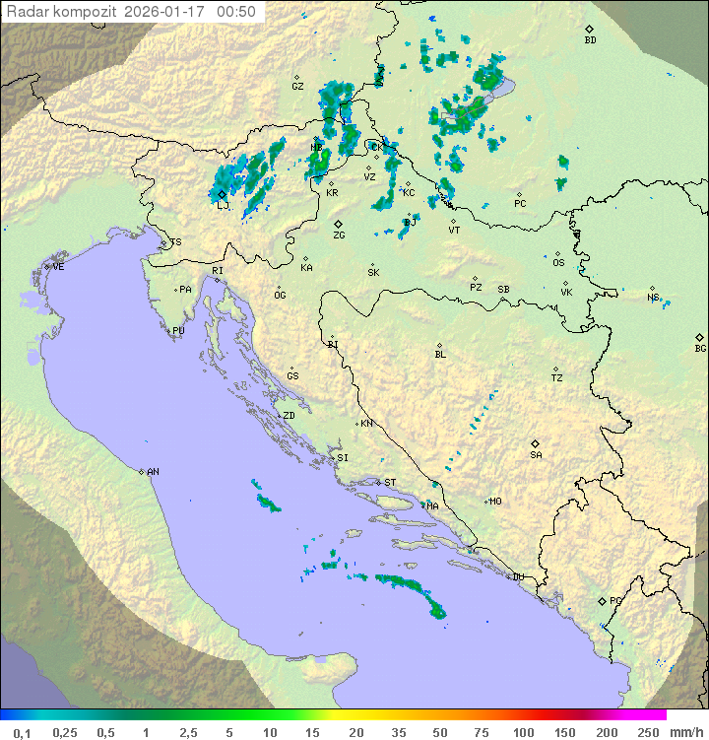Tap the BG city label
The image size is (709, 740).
[x=700, y=348]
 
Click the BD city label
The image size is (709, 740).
[x=590, y=40]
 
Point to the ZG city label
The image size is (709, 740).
[x=339, y=235]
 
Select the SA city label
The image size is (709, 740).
[x=536, y=454]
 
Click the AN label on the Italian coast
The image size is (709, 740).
[x=153, y=472]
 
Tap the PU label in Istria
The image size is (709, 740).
[x=178, y=331]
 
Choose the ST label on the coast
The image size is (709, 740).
[x=390, y=483]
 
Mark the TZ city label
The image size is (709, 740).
[x=557, y=377]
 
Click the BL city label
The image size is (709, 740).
[x=440, y=354]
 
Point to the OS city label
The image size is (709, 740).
[x=558, y=263]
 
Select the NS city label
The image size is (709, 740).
[x=653, y=297]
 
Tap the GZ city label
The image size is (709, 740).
[x=297, y=86]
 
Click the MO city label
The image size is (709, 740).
[x=495, y=502]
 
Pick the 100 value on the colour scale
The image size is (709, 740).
[x=523, y=732]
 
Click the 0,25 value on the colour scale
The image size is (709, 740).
[x=65, y=732]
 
